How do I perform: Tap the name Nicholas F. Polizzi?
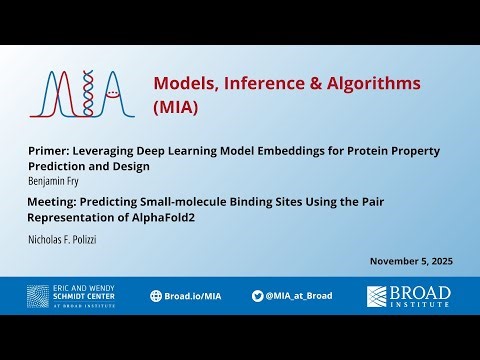tap(68, 240)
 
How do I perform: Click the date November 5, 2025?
tap(411, 261)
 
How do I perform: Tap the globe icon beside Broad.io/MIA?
tap(156, 296)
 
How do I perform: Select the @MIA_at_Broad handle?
tap(299, 296)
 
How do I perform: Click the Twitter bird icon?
tap(258, 296)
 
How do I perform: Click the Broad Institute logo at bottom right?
tap(408, 296)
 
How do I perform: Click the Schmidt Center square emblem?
tap(39, 296)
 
